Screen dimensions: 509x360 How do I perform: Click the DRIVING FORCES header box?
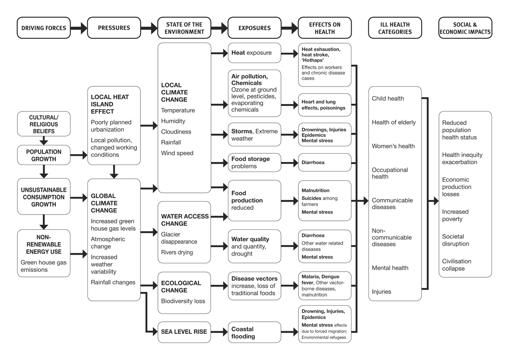pyautogui.click(x=44, y=28)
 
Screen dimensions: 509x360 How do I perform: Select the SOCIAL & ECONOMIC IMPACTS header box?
pyautogui.click(x=465, y=28)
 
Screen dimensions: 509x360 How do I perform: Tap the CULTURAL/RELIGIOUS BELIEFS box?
pyautogui.click(x=44, y=124)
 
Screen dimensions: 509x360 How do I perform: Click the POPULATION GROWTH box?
pyautogui.click(x=44, y=155)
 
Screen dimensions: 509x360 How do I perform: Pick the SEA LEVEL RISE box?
pyautogui.click(x=184, y=332)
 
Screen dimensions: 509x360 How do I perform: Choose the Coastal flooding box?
pyautogui.click(x=254, y=333)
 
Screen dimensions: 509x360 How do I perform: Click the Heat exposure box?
pyautogui.click(x=254, y=53)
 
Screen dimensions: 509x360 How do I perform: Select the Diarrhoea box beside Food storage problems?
pyautogui.click(x=325, y=162)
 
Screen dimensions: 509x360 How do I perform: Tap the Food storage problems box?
pyautogui.click(x=254, y=162)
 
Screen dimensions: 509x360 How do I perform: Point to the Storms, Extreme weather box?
pyautogui.click(x=254, y=135)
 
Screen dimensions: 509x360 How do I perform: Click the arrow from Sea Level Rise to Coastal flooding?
pyautogui.click(x=219, y=332)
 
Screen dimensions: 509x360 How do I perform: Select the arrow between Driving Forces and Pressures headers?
pyautogui.click(x=79, y=28)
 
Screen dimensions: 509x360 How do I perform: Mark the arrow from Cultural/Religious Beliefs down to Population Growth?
pyautogui.click(x=44, y=141)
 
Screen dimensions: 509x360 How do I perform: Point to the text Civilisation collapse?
pyautogui.click(x=456, y=265)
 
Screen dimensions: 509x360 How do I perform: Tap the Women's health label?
pyautogui.click(x=393, y=146)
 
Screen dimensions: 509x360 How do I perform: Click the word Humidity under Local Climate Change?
pyautogui.click(x=173, y=121)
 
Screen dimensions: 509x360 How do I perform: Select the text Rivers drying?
pyautogui.click(x=177, y=252)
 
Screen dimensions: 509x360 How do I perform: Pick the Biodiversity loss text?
pyautogui.click(x=183, y=301)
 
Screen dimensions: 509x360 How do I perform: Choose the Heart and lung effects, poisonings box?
pyautogui.click(x=325, y=105)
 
